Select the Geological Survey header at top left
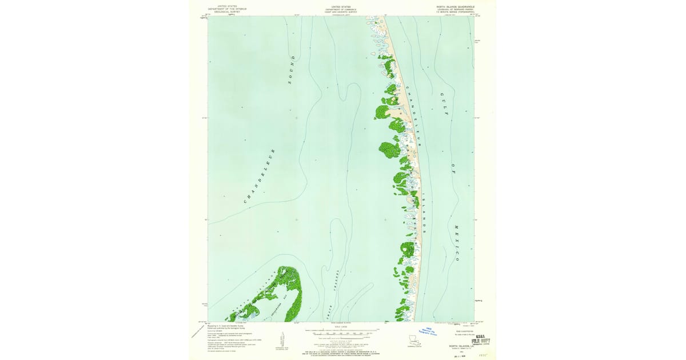tap(224, 9)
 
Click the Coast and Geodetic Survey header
tap(340, 9)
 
